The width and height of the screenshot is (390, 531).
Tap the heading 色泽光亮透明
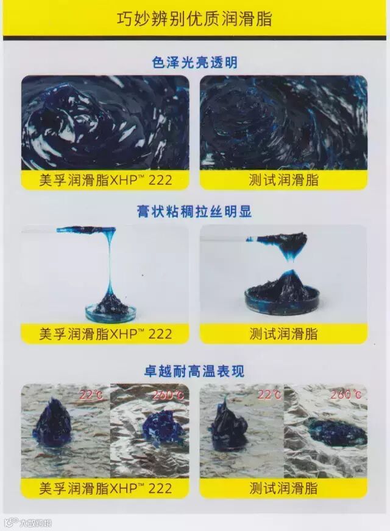(194, 63)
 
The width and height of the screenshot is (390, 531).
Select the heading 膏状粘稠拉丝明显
(194, 212)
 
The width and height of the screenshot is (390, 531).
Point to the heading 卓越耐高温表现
(194, 371)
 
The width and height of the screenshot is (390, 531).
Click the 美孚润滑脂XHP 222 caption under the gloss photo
(105, 180)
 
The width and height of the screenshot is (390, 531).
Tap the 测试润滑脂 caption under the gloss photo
(283, 180)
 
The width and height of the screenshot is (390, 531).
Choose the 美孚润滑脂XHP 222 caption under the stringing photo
(105, 333)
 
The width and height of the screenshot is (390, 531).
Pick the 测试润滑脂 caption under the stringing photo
(283, 333)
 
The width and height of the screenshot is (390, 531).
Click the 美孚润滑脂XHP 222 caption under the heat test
(105, 488)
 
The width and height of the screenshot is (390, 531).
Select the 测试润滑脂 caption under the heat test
(283, 488)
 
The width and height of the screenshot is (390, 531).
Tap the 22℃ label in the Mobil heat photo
(91, 395)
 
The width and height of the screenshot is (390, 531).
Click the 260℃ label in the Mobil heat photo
(168, 395)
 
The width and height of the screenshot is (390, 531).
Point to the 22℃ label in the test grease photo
(269, 395)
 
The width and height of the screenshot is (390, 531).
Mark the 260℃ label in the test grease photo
(346, 394)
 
